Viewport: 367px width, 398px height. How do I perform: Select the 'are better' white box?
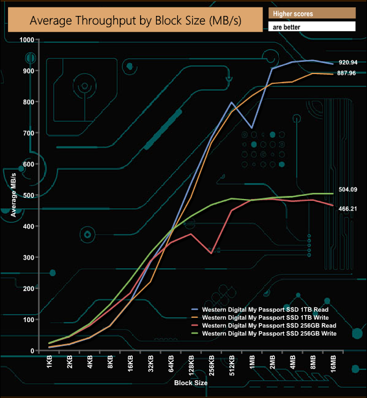(312, 27)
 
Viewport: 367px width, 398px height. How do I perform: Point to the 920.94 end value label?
(348, 62)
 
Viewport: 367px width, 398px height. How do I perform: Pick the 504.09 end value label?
(348, 190)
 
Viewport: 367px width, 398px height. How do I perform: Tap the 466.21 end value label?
(348, 209)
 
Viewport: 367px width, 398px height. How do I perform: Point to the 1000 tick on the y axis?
(26, 39)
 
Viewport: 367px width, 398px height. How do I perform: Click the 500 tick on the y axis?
(28, 195)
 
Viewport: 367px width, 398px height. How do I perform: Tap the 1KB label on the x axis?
(50, 363)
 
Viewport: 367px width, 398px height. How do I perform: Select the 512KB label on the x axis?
(232, 366)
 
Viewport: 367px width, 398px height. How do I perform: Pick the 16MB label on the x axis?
(333, 366)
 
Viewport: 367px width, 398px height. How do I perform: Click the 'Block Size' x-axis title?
(190, 383)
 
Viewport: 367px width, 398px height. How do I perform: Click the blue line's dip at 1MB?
(251, 128)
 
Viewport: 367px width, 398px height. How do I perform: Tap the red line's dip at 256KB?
(211, 253)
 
